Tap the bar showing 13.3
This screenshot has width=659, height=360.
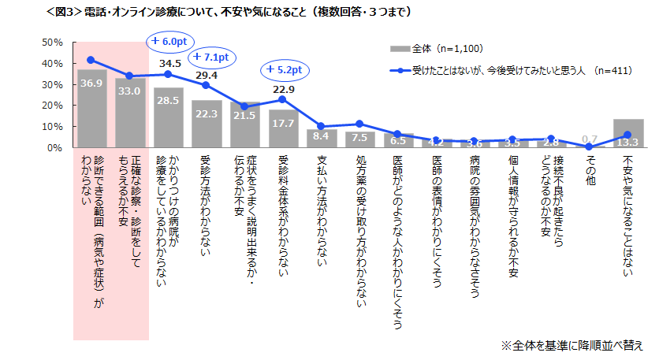click(x=628, y=133)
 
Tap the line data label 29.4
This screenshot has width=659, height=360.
click(x=207, y=76)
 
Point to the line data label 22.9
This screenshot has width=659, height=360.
click(x=284, y=90)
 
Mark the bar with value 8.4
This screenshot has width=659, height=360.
click(x=322, y=138)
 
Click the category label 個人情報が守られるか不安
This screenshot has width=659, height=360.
click(x=513, y=210)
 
